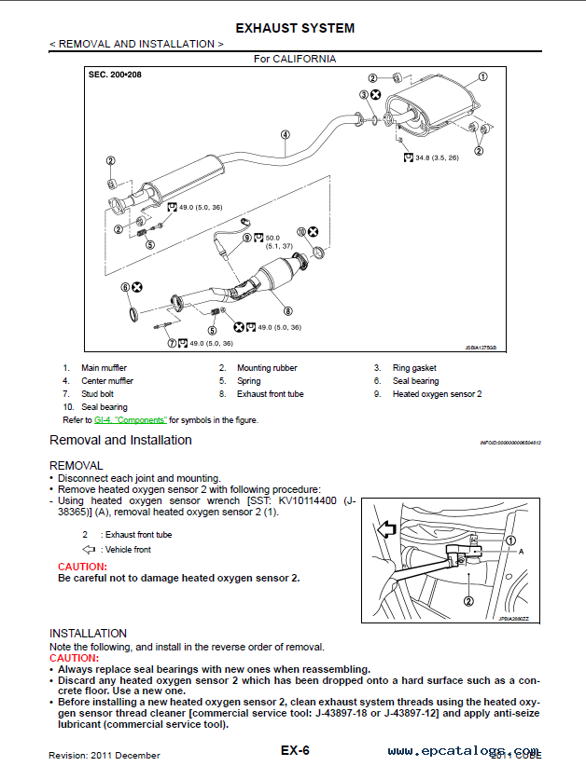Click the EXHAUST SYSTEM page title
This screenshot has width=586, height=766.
295,28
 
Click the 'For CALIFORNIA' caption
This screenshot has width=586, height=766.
295,58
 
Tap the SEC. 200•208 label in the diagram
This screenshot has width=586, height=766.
115,73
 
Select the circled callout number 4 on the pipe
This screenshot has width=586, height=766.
284,134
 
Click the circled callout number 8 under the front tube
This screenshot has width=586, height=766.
287,310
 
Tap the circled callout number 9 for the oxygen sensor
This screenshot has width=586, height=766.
247,238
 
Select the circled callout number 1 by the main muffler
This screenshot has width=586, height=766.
482,77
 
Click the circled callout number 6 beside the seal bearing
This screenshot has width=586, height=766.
125,288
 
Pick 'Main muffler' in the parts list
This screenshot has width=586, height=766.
104,368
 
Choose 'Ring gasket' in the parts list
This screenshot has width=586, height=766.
414,368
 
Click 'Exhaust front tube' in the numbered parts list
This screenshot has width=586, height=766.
270,394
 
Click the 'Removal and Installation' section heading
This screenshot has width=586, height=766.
120,440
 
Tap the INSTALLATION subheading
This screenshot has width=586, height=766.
88,633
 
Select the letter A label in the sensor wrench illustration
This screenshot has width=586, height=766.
521,552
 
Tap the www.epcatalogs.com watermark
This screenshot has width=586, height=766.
463,751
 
